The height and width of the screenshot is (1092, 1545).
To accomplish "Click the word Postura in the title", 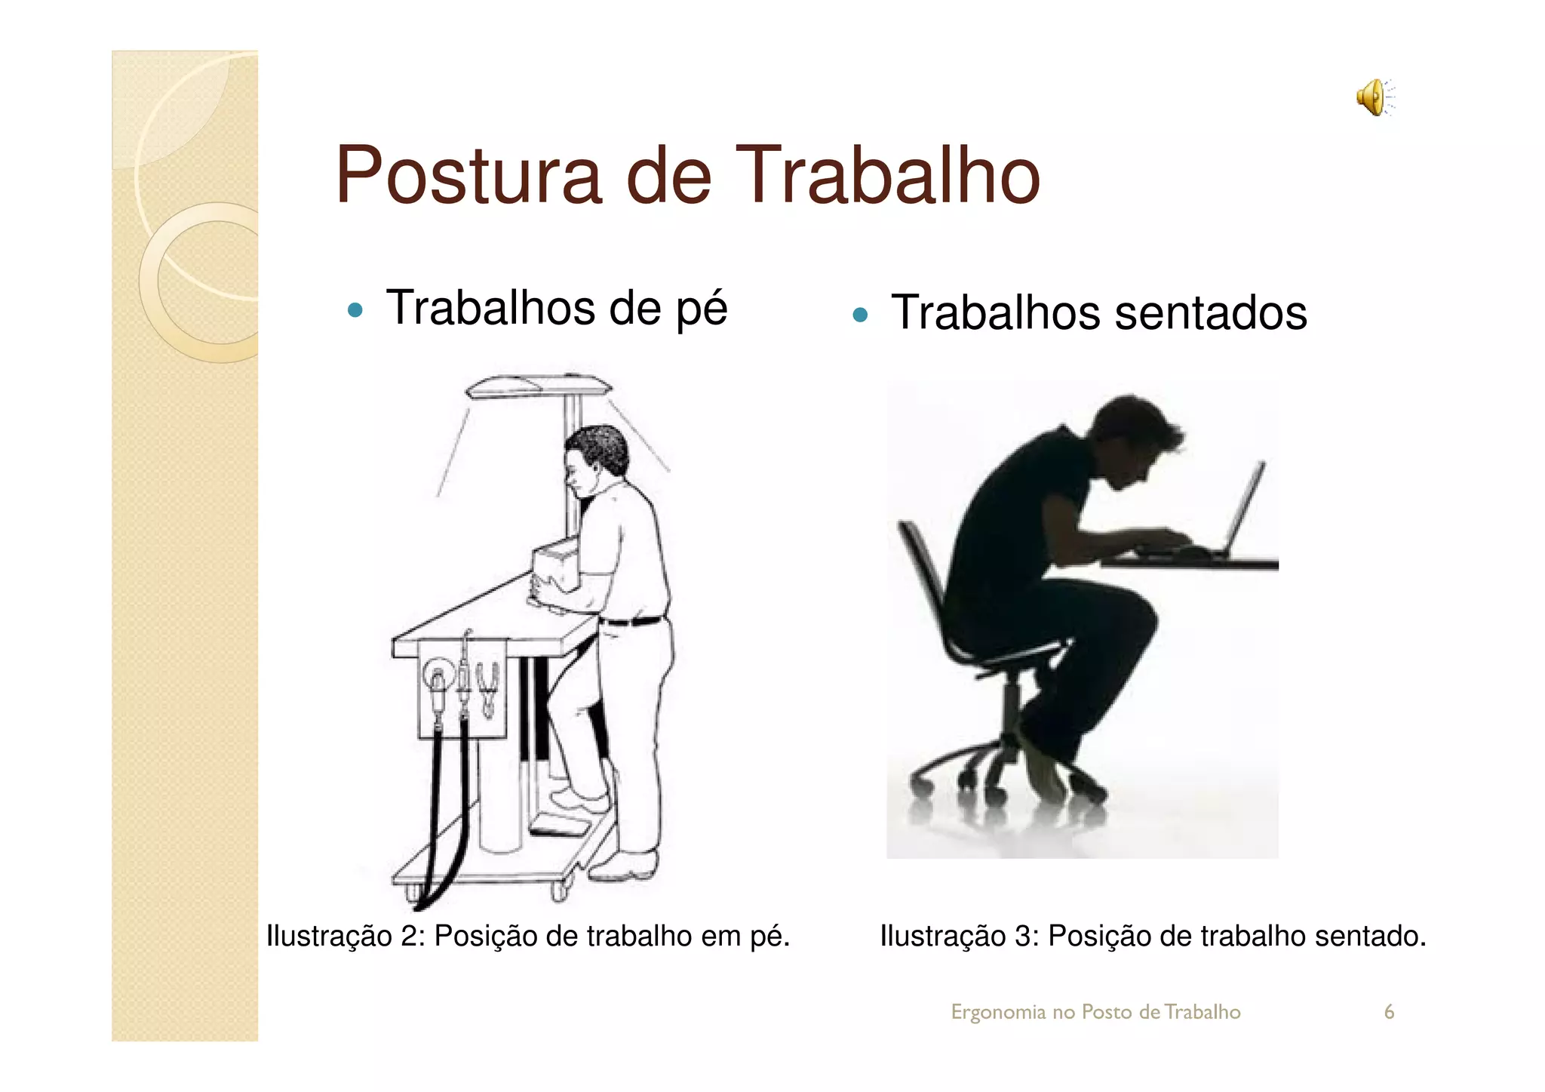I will point(468,175).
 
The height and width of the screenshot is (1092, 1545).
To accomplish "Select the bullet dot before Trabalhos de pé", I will point(355,310).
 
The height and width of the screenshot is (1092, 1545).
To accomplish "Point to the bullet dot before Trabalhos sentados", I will point(860,315).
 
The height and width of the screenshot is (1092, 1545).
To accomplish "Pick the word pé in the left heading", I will point(701,309).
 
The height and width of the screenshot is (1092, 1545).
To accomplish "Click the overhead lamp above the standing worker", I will point(538,387).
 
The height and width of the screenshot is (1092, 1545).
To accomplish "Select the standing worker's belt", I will point(632,621).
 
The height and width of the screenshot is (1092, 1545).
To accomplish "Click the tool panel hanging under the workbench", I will point(462,687).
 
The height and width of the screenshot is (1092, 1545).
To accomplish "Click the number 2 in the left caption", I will point(410,937).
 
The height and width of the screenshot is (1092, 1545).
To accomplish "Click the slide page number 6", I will point(1389,1012).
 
